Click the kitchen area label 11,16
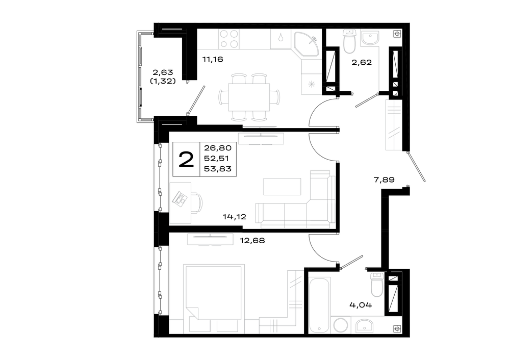(212, 59)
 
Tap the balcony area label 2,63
(163, 72)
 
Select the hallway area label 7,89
(384, 179)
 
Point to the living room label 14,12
(234, 217)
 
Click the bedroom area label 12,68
(252, 241)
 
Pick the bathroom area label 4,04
(361, 305)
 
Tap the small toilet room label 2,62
(362, 62)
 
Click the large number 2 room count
(186, 160)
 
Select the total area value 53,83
(218, 169)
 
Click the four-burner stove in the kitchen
(229, 39)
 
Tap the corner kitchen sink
(306, 44)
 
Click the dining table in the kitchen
(249, 97)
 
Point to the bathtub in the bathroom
(320, 305)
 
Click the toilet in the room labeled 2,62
(350, 41)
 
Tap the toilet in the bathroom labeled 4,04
(377, 285)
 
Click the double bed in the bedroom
(214, 298)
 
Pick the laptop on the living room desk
(180, 198)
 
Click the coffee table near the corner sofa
(282, 186)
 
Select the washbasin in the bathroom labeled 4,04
(364, 326)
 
